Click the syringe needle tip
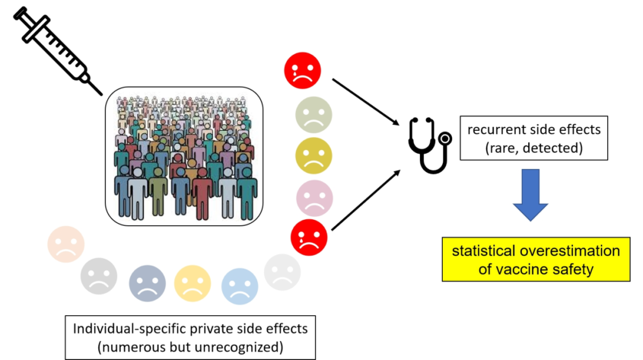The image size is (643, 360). point(100,92)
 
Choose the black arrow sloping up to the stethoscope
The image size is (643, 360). point(367,199)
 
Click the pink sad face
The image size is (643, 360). point(314,198)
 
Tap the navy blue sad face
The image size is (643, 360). point(148,282)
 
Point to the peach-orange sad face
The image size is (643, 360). point(65,244)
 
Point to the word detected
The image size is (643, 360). point(555,148)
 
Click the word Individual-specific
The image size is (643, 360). point(132,329)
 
